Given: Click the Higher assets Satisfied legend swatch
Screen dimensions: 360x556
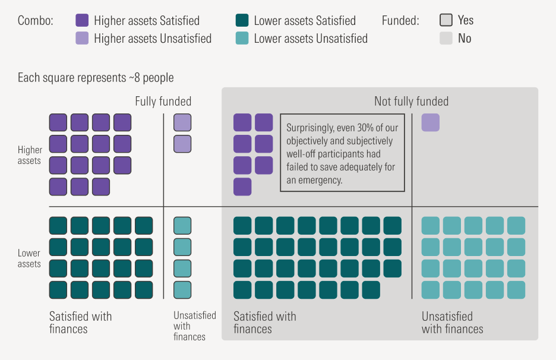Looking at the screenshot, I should (82, 21).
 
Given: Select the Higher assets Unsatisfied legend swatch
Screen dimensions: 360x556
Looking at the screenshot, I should (82, 39).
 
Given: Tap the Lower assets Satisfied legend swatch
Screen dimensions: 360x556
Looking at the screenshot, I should (242, 21).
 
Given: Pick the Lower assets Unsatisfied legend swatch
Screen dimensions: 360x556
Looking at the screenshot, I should (242, 39).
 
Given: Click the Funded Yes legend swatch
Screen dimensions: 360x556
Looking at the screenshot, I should (446, 20).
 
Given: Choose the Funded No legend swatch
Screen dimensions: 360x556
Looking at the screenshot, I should (446, 39).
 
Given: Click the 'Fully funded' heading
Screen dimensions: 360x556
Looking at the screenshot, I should (163, 102).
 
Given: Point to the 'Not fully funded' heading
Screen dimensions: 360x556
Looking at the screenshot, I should (411, 102).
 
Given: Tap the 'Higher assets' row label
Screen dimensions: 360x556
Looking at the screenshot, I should (29, 156).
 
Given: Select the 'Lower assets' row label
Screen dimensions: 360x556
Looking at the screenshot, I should (29, 259).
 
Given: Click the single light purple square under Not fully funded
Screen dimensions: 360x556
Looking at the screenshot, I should (431, 122).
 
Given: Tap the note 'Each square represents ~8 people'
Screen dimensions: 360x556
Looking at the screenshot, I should (96, 78).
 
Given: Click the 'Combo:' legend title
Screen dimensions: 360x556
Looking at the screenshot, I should (36, 21).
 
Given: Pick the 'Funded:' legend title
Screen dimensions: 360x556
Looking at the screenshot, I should (400, 21).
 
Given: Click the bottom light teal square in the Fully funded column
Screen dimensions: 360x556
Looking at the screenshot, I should (182, 290).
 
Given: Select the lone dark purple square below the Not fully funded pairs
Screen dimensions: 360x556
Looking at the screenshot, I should (242, 187).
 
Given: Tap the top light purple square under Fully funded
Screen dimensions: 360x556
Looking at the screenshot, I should (182, 122).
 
